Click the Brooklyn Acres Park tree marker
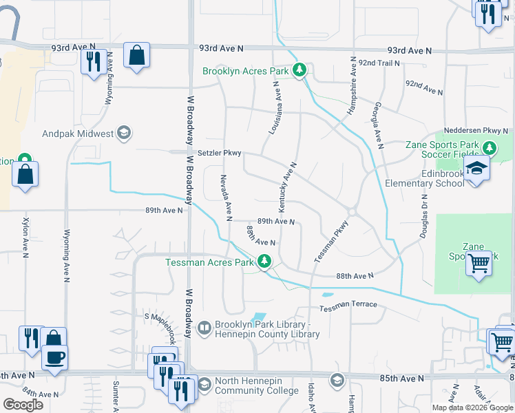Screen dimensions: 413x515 pyautogui.click(x=299, y=70)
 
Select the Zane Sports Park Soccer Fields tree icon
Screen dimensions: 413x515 pyautogui.click(x=490, y=148)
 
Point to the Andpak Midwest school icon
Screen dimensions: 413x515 pyautogui.click(x=124, y=134)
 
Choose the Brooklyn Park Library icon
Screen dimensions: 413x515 pyautogui.click(x=204, y=328)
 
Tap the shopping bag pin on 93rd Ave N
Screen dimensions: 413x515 pyautogui.click(x=137, y=55)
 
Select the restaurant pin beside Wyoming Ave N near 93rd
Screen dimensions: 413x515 pyautogui.click(x=92, y=63)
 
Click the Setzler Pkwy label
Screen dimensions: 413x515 pyautogui.click(x=219, y=153)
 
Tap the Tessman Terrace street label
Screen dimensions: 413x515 pyautogui.click(x=348, y=304)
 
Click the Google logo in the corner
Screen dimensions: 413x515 pyautogui.click(x=23, y=405)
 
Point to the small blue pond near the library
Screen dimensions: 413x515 pyautogui.click(x=258, y=318)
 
